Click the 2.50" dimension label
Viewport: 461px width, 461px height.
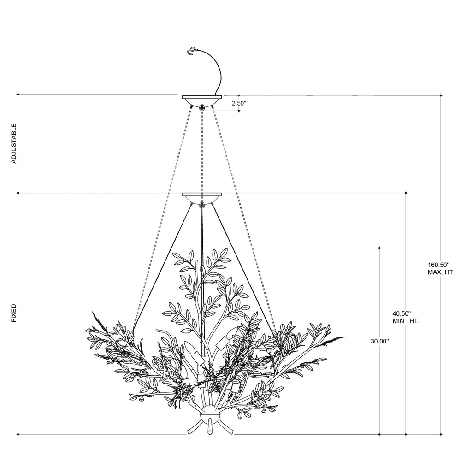click(x=238, y=103)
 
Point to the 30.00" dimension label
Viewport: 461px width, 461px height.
click(x=380, y=341)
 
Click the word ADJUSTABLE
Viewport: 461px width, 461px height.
click(x=14, y=143)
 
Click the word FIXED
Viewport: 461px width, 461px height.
click(x=14, y=313)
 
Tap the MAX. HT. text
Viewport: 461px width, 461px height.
click(x=441, y=272)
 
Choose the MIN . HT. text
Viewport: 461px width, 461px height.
click(x=406, y=321)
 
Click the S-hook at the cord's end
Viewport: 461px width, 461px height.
click(x=191, y=51)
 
